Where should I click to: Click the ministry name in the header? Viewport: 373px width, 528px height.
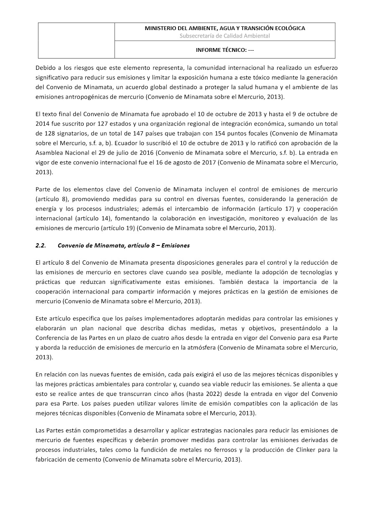[x=225, y=28]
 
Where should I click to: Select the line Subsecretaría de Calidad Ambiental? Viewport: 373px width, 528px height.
[x=225, y=36]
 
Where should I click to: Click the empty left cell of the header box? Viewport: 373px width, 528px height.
[x=76, y=40]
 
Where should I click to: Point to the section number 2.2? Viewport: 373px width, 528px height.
[x=41, y=245]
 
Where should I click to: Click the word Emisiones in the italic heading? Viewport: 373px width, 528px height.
[x=176, y=245]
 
